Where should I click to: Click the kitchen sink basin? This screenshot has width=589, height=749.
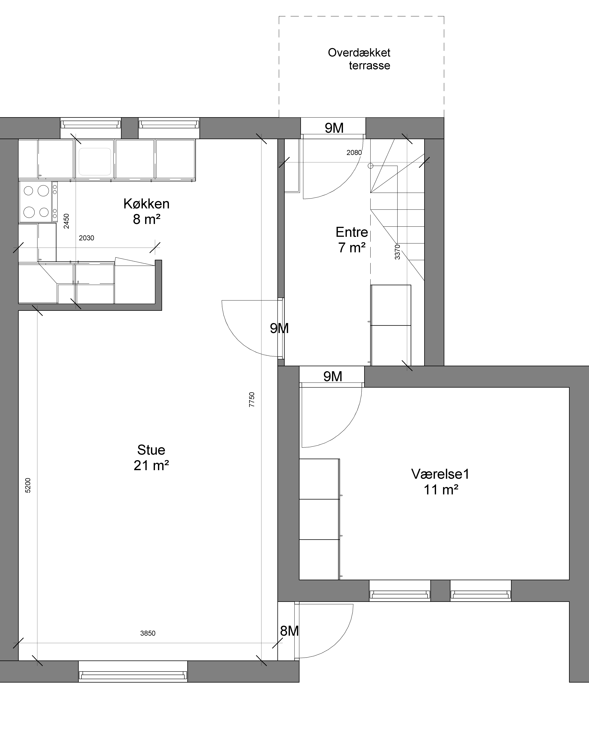[95, 161]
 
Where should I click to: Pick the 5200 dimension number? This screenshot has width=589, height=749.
[28, 485]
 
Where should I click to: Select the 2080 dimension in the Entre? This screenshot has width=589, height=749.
[354, 152]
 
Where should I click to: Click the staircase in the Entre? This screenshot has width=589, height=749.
[397, 210]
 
